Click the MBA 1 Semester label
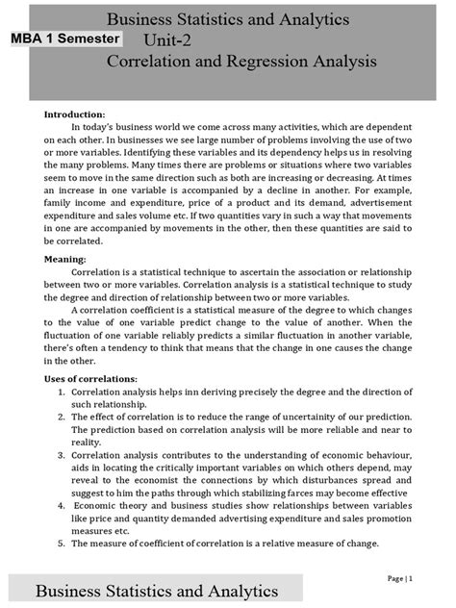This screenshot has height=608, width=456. coord(66,38)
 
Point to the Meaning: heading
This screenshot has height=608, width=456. coord(64,259)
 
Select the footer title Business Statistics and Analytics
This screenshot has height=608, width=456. coord(158,589)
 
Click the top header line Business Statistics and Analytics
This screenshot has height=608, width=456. coord(228,19)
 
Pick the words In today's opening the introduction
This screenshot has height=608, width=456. coord(96,127)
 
